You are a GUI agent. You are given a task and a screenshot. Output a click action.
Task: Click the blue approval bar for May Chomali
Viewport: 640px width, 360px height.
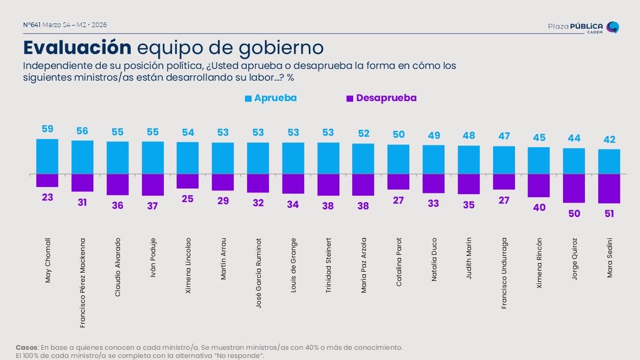point(47,156)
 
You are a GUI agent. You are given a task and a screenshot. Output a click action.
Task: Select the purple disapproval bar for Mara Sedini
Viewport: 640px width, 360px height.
point(609,189)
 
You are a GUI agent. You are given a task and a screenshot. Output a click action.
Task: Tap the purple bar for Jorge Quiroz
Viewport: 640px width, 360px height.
point(573,188)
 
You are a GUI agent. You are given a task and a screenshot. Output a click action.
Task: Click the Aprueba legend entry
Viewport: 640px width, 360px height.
point(271,98)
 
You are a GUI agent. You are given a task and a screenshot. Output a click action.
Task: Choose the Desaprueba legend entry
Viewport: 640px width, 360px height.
point(381,98)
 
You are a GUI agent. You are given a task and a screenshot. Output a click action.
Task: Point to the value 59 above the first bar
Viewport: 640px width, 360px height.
point(47,129)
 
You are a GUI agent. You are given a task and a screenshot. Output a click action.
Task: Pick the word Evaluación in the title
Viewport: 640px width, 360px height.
point(77,47)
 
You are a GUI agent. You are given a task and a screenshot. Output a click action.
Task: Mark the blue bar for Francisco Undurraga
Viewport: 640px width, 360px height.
point(503,160)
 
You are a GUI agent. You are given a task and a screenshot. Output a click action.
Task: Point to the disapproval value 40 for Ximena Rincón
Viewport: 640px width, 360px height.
point(539,208)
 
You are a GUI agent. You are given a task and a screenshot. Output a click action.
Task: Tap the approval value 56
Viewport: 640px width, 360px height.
point(82,131)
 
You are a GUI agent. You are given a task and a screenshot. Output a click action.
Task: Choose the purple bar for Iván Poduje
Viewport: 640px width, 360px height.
point(153,185)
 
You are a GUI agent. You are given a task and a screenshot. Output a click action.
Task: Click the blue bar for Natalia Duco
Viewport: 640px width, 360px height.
point(433,159)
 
